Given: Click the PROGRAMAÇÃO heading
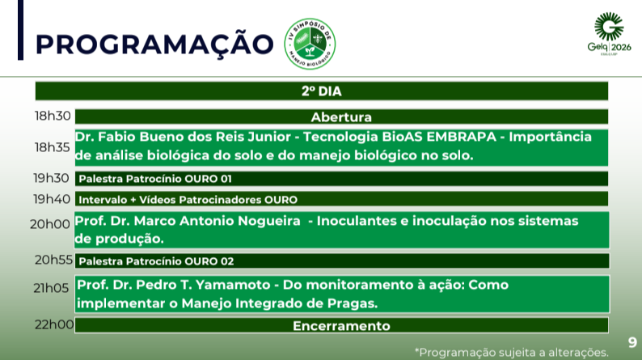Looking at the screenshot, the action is [154, 44].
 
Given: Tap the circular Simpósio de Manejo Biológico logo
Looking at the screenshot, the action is [310, 44].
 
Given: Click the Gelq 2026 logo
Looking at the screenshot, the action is [609, 34].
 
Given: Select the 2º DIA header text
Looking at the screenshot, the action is [322, 91].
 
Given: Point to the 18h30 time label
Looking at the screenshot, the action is [53, 116].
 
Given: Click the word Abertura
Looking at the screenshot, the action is [341, 117].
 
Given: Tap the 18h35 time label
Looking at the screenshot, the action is [53, 147].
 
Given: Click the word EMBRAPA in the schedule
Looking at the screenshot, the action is [461, 137].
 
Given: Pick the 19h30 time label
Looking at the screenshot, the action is [51, 178].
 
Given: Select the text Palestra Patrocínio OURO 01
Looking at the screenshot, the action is [155, 179].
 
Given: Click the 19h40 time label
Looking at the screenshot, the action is [52, 199].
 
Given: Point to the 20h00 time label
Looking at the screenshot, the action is [50, 224].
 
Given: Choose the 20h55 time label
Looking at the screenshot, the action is [53, 260].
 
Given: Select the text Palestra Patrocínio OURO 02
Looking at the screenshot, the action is [156, 261].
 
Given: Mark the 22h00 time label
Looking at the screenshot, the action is [54, 324].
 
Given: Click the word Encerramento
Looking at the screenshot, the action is [341, 326].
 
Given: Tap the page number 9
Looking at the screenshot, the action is [632, 342].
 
